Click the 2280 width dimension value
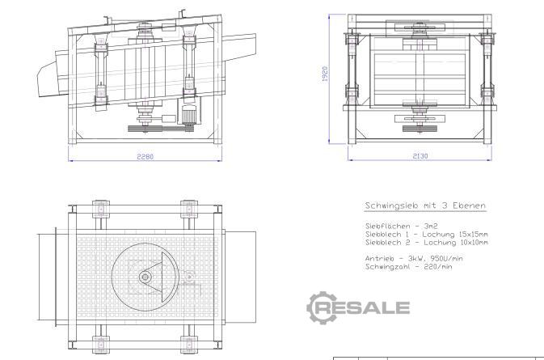[145, 157]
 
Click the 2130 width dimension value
[420, 156]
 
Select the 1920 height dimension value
[325, 74]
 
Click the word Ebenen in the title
[469, 205]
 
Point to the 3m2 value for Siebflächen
[431, 227]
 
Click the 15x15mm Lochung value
[473, 235]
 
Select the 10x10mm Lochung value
[474, 243]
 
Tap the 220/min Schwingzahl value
[438, 267]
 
